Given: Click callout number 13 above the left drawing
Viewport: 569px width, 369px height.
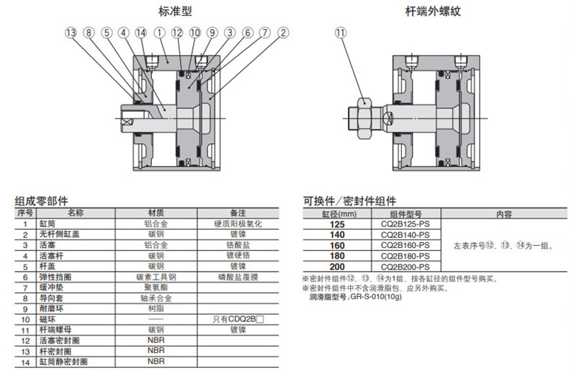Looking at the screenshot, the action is pos(71,32).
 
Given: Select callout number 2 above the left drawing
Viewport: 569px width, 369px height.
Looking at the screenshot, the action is pos(283,32).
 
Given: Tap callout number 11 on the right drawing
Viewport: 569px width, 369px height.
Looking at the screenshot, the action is pos(341,32).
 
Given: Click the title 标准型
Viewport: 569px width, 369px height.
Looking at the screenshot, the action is pos(175,12).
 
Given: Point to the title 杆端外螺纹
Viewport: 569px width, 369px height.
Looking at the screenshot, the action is pos(433,12).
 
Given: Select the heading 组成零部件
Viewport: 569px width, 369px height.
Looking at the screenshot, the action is pos(41,201).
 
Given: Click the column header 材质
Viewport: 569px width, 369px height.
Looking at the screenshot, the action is pos(156,213).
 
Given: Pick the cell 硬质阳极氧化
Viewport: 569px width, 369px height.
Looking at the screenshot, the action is pos(238,223).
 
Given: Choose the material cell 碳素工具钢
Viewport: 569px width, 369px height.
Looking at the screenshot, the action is pos(156,277).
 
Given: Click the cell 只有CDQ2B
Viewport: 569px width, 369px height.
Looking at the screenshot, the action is pos(238,319).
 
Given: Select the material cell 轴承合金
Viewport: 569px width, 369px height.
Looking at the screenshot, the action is pos(156,298).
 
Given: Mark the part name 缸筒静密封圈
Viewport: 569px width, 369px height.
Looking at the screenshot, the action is pos(63,362).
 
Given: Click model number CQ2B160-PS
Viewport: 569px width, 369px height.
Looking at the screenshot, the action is pos(406,245).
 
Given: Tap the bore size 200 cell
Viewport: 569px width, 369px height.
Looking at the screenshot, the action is pos(337,267).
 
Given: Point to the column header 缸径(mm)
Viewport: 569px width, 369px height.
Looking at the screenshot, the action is pos(339,214).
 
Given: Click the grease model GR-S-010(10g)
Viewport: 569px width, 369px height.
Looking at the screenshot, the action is pos(376,297).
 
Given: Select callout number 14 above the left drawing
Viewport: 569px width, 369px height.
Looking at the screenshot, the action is pos(141,32).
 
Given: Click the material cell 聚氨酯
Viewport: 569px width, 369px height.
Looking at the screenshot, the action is pos(156,288).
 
